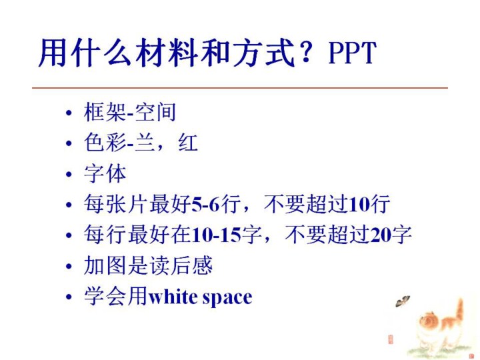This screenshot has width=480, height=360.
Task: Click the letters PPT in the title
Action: [352, 53]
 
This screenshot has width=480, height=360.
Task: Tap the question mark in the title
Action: [306, 52]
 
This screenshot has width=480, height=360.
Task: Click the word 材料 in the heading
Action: [167, 53]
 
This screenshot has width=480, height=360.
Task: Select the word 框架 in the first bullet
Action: [105, 112]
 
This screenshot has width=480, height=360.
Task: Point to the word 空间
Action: [155, 112]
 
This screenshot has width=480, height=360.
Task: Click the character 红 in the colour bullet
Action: [187, 143]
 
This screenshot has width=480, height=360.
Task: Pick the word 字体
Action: [105, 173]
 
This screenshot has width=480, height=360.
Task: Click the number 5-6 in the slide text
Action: [206, 205]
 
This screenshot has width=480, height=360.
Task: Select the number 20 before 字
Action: [380, 235]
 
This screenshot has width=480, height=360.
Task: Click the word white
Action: [173, 297]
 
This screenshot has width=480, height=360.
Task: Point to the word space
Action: [227, 298]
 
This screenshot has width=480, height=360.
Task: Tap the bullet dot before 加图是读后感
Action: [69, 266]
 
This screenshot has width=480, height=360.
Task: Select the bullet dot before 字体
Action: [69, 174]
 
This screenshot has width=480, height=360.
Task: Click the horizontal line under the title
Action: [240, 88]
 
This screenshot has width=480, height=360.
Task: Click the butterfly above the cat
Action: [402, 301]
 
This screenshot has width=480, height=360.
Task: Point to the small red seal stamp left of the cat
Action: [391, 339]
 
